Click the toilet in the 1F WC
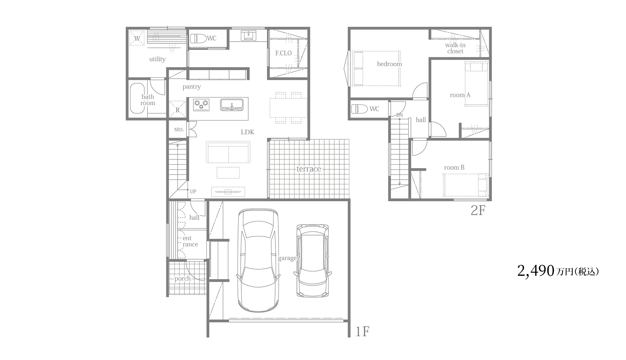[x=198, y=39]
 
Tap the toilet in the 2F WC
[x=359, y=109]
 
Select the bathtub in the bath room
[x=137, y=98]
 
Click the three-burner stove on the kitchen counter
[x=201, y=105]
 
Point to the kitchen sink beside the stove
[x=232, y=105]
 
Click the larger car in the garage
[x=258, y=260]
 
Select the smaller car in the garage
[x=313, y=260]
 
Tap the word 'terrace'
[x=309, y=169]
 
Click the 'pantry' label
[x=192, y=87]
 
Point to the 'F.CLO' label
[x=283, y=53]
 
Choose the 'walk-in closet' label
[x=455, y=48]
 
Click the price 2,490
[x=536, y=271]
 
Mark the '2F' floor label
[x=478, y=210]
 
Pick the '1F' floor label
[x=362, y=331]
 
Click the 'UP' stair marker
[x=193, y=192]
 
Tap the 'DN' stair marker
[x=399, y=115]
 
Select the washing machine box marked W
[x=137, y=38]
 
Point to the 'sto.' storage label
[x=179, y=129]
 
